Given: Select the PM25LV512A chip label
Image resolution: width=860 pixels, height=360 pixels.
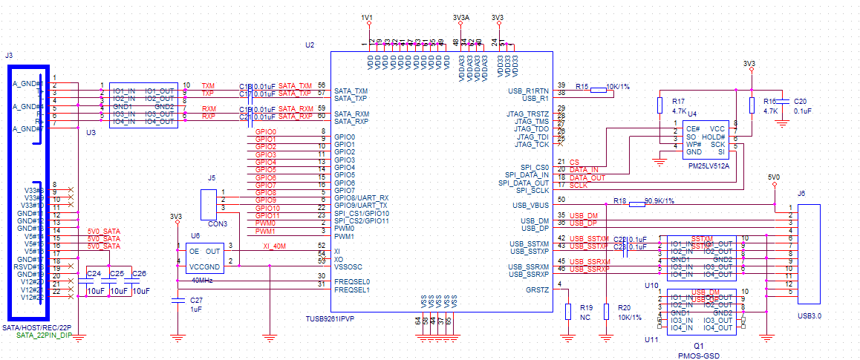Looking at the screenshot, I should point(708,167).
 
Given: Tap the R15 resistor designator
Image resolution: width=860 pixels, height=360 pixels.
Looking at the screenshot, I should point(582,86).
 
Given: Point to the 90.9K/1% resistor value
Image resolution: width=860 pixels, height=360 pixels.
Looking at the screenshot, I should point(659,201).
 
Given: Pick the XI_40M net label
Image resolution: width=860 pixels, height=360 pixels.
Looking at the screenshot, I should point(275,245).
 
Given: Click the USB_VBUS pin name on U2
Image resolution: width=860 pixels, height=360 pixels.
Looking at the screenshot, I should point(530,205).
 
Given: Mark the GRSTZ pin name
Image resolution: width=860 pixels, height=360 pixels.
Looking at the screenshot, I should point(537,289).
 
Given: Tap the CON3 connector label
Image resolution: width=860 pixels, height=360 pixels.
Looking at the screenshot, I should point(218,223).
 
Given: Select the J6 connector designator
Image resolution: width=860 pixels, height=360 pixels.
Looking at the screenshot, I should point(801,194).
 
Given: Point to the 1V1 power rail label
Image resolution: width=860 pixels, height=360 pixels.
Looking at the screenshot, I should point(367,16).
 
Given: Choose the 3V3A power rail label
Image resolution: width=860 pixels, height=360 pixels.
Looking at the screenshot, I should point(460,16).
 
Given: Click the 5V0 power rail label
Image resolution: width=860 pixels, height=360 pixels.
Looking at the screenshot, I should point(773,177).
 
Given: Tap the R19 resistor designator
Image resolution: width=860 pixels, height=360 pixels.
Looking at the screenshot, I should point(586,307).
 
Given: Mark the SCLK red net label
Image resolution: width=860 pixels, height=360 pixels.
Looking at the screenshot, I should point(579,186).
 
